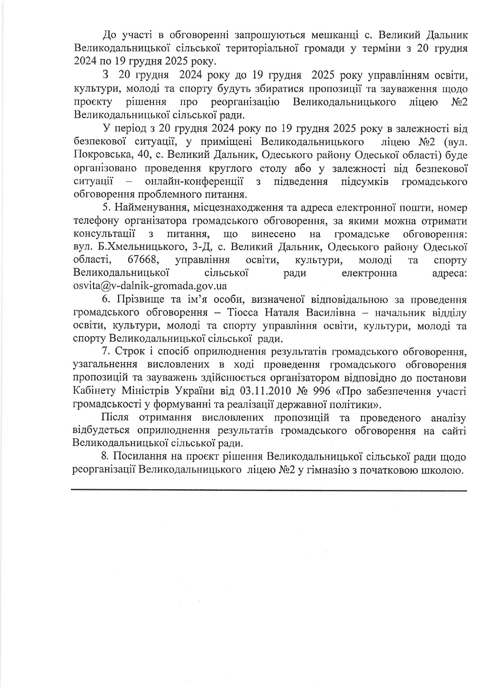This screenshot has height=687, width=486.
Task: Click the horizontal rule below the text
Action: (x=269, y=490)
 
